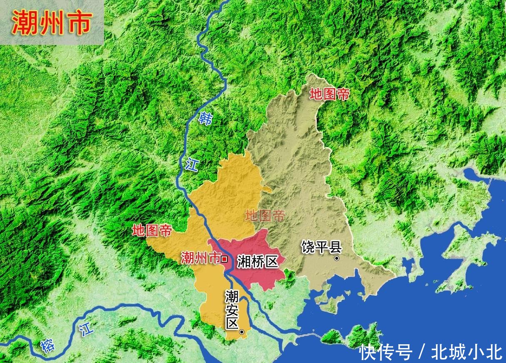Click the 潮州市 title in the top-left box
pyautogui.click(x=51, y=22)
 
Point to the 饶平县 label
pyautogui.click(x=321, y=247)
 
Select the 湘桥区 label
pyautogui.click(x=257, y=261)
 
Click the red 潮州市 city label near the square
pyautogui.click(x=200, y=258)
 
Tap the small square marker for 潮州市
pyautogui.click(x=224, y=259)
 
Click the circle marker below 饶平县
pyautogui.click(x=337, y=259)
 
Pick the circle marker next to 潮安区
pyautogui.click(x=242, y=332)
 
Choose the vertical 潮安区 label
pyautogui.click(x=232, y=310)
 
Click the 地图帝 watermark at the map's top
pyautogui.click(x=329, y=94)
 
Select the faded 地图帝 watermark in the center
pyautogui.click(x=265, y=216)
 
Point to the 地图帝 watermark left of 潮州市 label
pyautogui.click(x=152, y=230)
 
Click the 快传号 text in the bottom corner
pyautogui.click(x=386, y=352)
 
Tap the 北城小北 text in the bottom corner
pyautogui.click(x=466, y=352)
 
